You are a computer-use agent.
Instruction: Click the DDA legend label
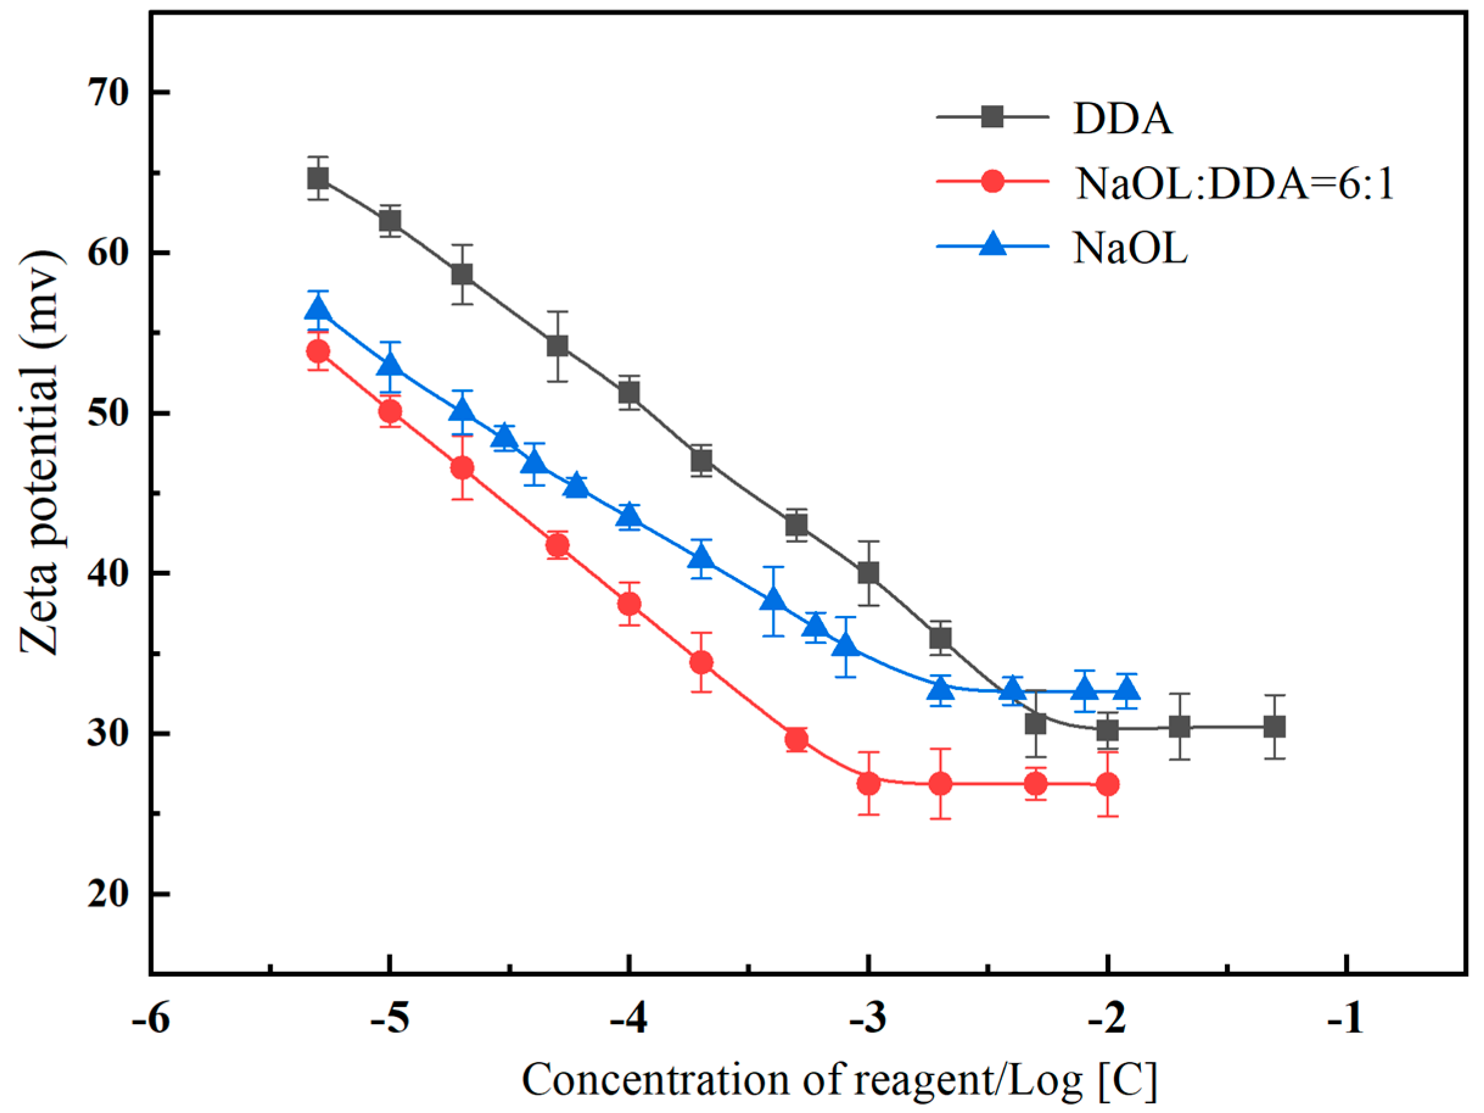coord(1123,119)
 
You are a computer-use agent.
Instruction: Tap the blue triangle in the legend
coord(993,243)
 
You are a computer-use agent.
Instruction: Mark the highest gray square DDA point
coord(318,178)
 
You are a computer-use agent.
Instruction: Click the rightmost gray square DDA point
coord(1274,727)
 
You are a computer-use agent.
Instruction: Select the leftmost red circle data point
coord(318,351)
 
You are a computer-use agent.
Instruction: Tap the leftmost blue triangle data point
coord(318,308)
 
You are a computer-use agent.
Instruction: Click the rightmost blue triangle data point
coord(1128,689)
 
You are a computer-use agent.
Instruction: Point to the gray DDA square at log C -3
coord(868,573)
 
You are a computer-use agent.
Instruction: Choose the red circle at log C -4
coord(629,604)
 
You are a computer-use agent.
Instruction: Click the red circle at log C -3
coord(868,784)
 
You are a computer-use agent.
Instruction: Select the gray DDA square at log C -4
coord(629,393)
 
